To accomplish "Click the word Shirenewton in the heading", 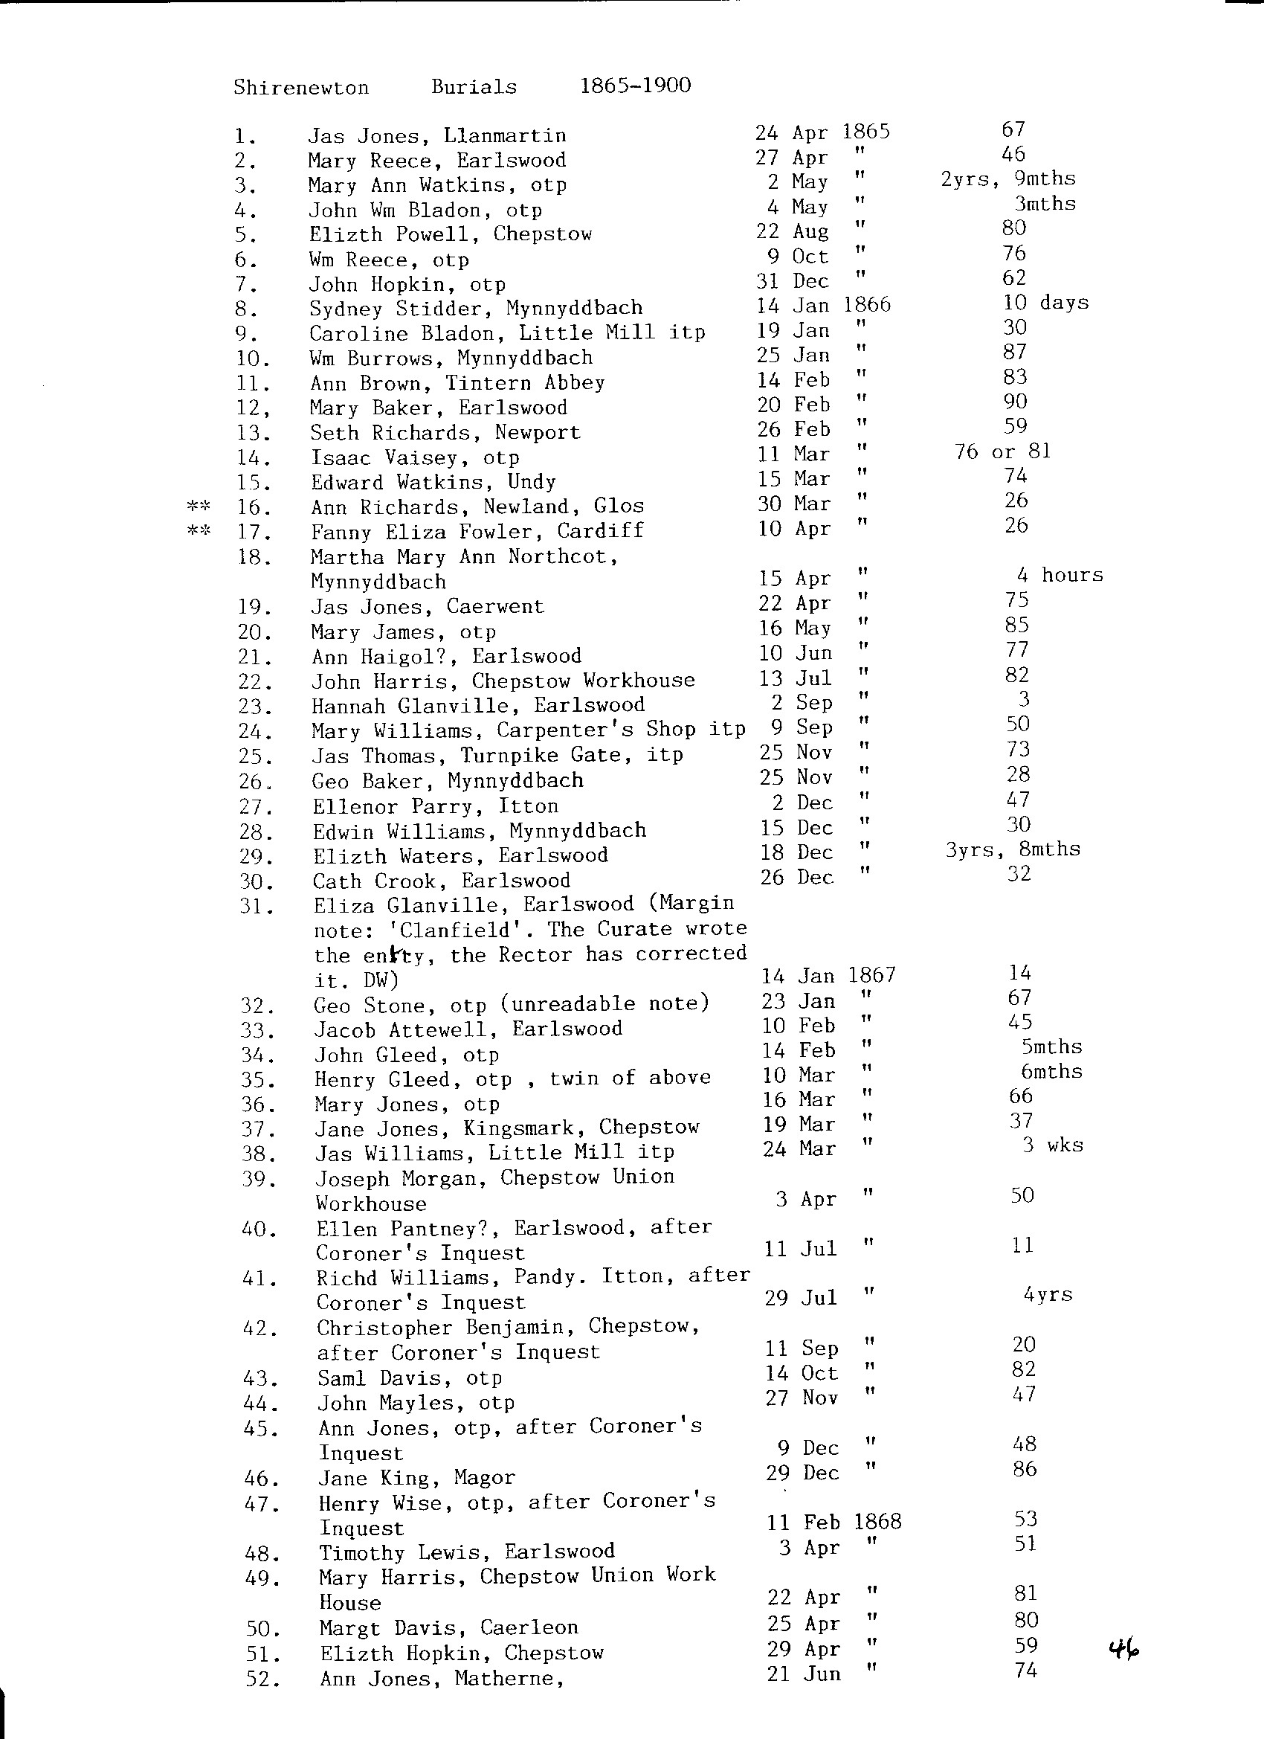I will [301, 88].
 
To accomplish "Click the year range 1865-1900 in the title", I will [636, 85].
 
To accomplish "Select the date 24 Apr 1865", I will [822, 132].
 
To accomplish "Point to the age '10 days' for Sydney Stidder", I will [1045, 303].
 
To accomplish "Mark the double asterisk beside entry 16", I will [199, 506].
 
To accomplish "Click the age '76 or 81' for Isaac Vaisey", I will [1002, 451].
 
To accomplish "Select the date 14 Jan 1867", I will [828, 975].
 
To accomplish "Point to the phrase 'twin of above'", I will [630, 1078].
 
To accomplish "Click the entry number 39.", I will [258, 1178].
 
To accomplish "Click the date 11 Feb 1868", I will [834, 1522].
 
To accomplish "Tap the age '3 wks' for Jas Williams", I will [1052, 1145].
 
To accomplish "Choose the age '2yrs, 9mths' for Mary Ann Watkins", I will [1008, 179].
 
